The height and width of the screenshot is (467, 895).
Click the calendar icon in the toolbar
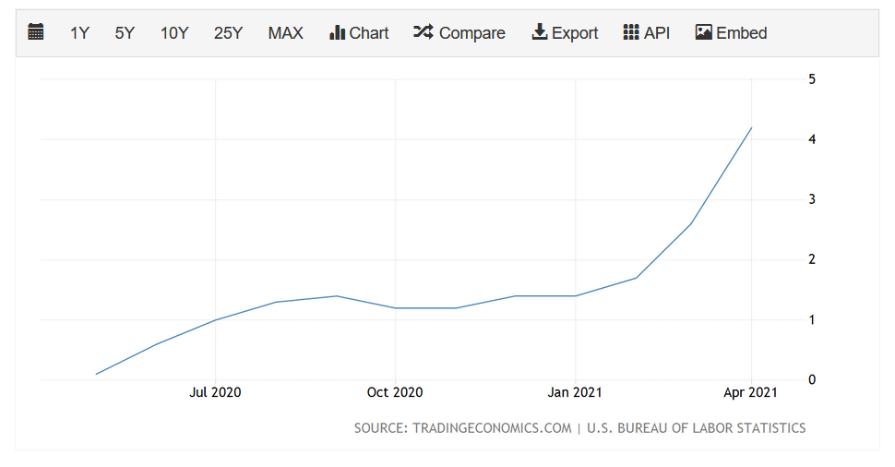36,32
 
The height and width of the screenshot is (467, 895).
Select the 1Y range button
79,33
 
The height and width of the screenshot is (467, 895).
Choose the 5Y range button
125,33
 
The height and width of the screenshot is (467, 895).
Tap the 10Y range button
174,33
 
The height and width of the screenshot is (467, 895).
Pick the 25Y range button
228,33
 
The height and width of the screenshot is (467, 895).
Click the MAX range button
285,33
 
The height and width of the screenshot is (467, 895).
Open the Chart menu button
359,33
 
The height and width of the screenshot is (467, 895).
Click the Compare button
459,33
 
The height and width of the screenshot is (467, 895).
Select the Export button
565,33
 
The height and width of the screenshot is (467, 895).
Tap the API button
646,33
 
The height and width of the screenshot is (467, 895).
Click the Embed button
731,33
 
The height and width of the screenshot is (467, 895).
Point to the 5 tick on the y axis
812,79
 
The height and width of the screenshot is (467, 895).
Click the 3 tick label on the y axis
812,199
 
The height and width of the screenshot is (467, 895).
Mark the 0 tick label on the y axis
812,379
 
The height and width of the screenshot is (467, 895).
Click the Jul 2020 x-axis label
215,392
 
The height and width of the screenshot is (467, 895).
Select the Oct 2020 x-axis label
395,392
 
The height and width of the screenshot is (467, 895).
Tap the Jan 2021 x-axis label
575,392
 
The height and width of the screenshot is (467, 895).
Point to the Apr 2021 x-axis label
751,392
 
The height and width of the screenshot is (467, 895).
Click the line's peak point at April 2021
752,127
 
